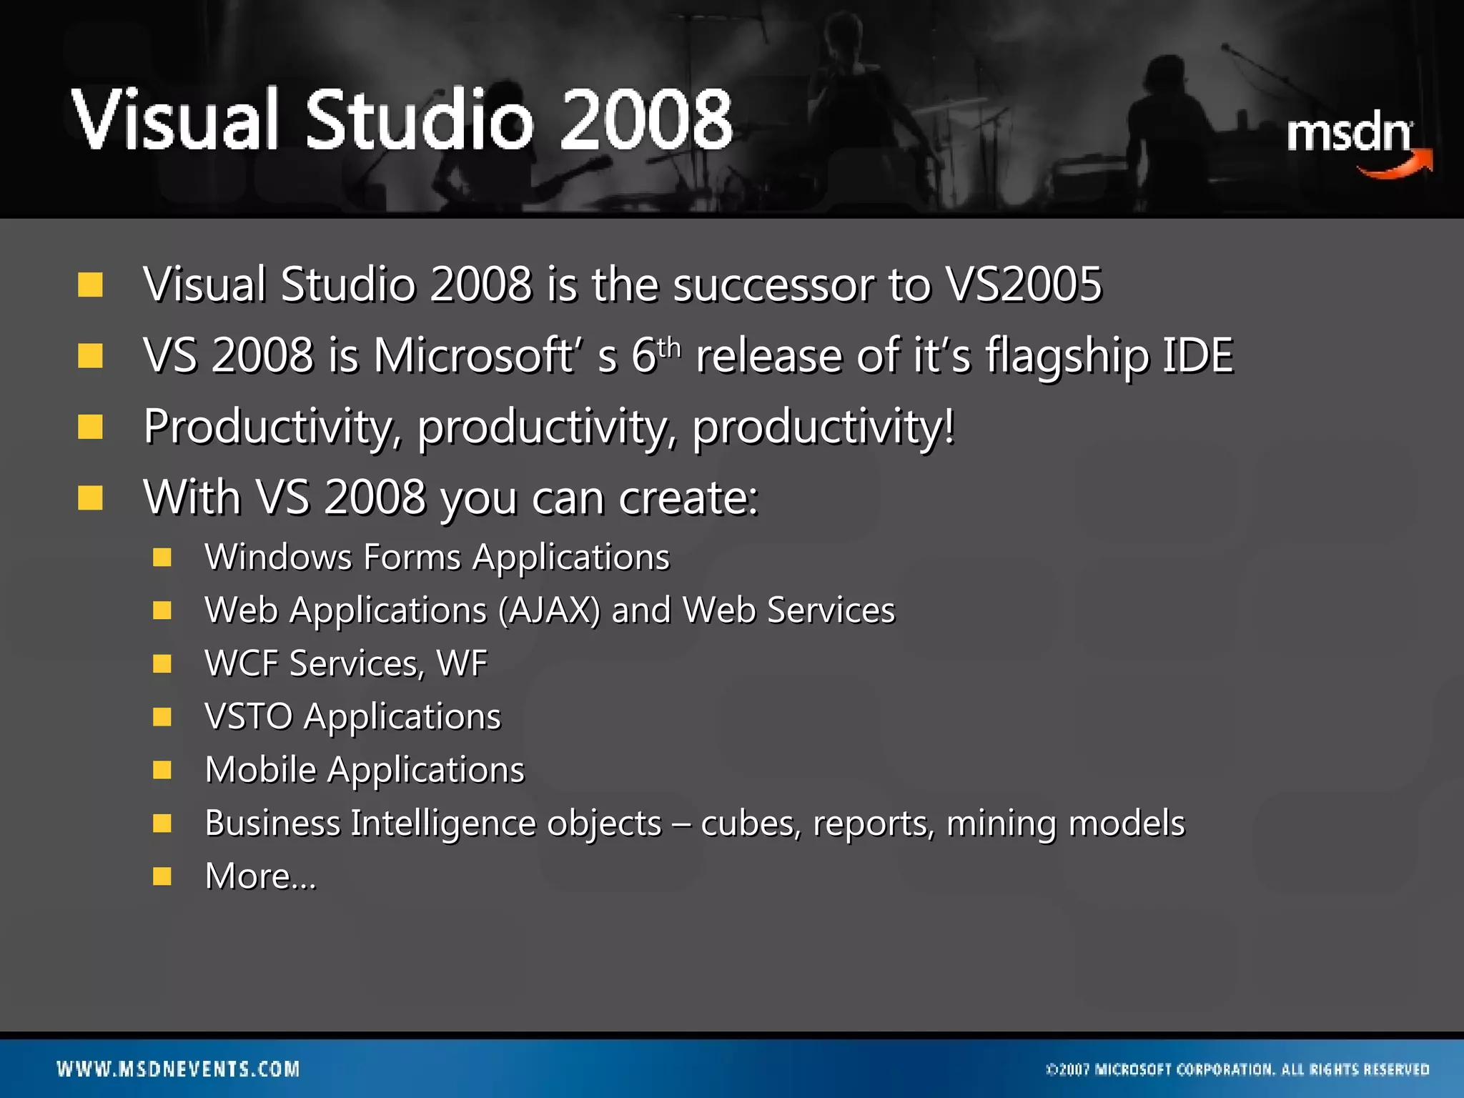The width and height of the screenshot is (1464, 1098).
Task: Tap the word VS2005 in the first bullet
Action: tap(1023, 285)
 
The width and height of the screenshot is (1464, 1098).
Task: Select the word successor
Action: tap(773, 285)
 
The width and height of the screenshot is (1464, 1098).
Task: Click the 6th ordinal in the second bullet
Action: tap(655, 355)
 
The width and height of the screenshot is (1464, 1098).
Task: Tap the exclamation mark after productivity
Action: tap(949, 426)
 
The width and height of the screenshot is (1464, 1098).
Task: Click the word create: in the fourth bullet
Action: tap(688, 497)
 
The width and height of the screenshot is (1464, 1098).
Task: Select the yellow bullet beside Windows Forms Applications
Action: tap(162, 558)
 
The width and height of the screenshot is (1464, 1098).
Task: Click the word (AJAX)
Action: tap(549, 611)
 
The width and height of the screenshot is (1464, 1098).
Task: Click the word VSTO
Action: tap(248, 716)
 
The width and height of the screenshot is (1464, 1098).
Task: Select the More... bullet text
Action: tap(260, 876)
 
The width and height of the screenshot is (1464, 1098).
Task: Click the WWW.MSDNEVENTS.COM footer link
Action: tap(178, 1069)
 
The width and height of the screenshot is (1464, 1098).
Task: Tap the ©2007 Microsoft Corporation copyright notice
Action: tap(1237, 1069)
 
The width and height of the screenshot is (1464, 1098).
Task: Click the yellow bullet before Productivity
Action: tap(91, 427)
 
